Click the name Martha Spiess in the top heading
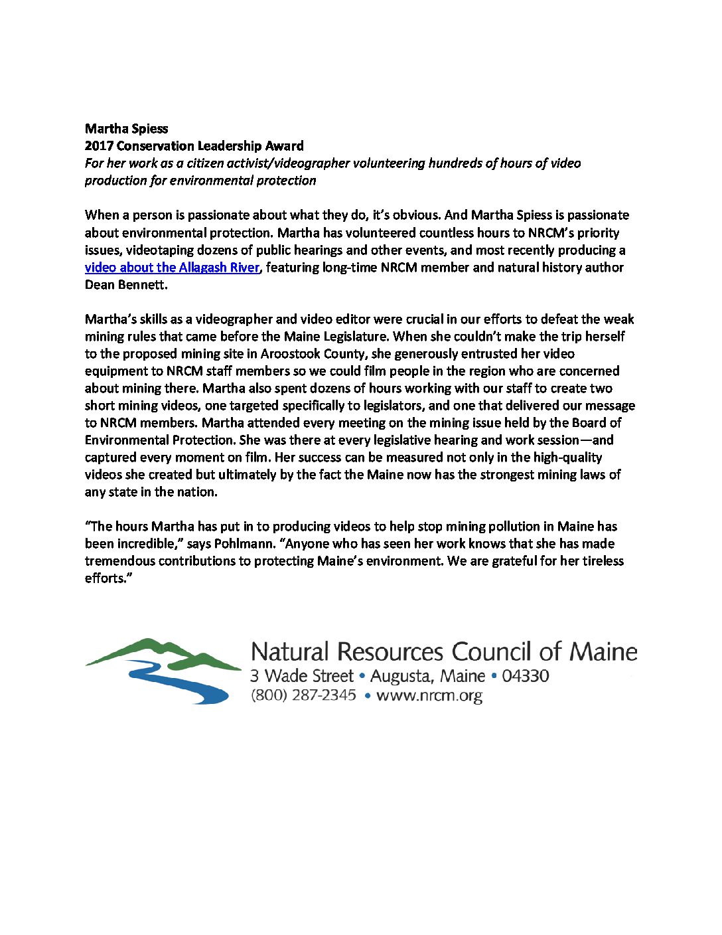pos(126,129)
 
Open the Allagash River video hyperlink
pos(172,268)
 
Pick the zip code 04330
pos(525,676)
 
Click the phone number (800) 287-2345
pos(303,695)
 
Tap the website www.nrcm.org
pos(429,696)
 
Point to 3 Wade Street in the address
pos(301,676)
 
